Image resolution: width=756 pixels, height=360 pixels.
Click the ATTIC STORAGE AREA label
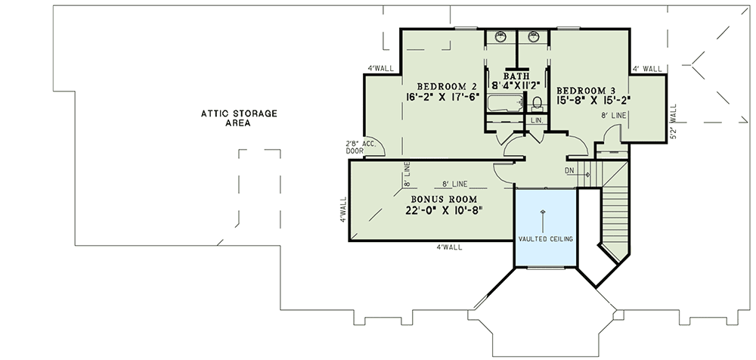tap(238, 118)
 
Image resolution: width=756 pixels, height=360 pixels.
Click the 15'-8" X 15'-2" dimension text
tap(594, 98)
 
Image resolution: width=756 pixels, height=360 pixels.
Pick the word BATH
tap(516, 76)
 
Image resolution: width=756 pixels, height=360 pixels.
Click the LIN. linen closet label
tap(538, 120)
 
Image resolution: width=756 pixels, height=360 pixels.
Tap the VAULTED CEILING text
tap(545, 239)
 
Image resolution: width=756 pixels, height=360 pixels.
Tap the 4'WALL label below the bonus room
tap(449, 247)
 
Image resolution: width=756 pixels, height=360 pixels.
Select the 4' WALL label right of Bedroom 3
tap(647, 69)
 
